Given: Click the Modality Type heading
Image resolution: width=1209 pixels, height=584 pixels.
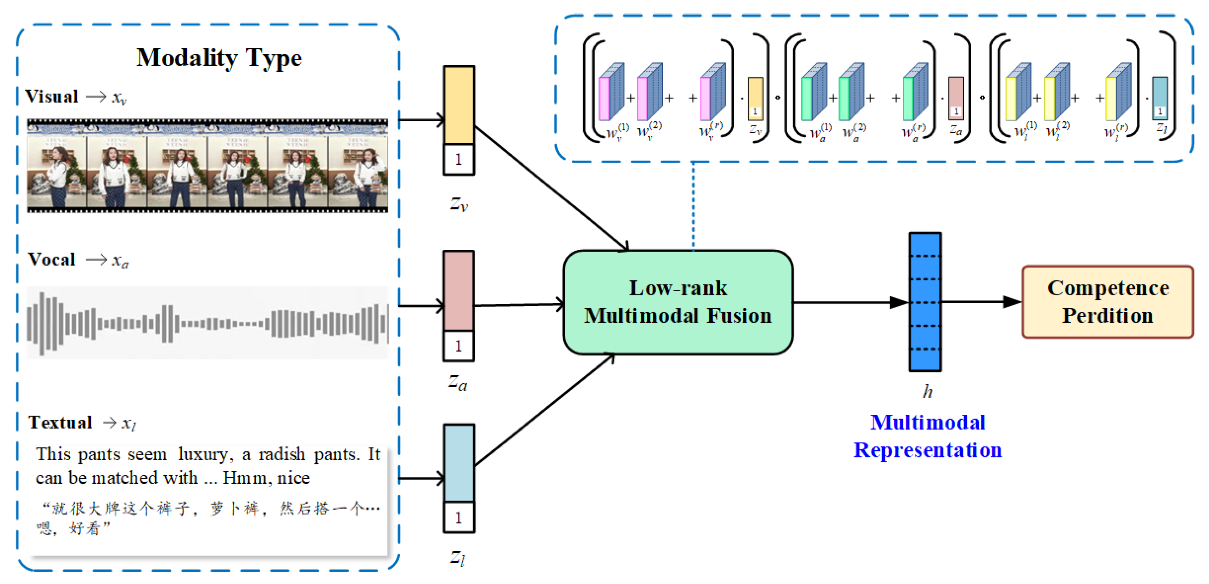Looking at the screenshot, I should [219, 58].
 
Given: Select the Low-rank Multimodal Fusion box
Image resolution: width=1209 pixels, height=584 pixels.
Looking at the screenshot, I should [678, 302].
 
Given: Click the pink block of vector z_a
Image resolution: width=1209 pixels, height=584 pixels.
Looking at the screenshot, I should [458, 290].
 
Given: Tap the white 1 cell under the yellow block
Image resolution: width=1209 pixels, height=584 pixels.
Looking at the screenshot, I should [458, 159].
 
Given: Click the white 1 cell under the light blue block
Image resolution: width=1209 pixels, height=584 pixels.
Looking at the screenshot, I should [458, 517].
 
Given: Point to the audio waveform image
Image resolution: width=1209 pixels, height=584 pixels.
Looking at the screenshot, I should [207, 323].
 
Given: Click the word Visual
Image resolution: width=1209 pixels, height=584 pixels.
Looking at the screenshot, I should [52, 97].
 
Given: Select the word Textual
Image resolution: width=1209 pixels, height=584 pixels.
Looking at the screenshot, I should [60, 422].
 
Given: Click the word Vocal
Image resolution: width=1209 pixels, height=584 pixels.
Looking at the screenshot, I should [52, 260].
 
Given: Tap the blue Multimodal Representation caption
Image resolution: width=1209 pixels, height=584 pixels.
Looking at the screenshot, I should [927, 436].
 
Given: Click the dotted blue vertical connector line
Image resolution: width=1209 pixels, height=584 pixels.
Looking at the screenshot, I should [693, 206].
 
